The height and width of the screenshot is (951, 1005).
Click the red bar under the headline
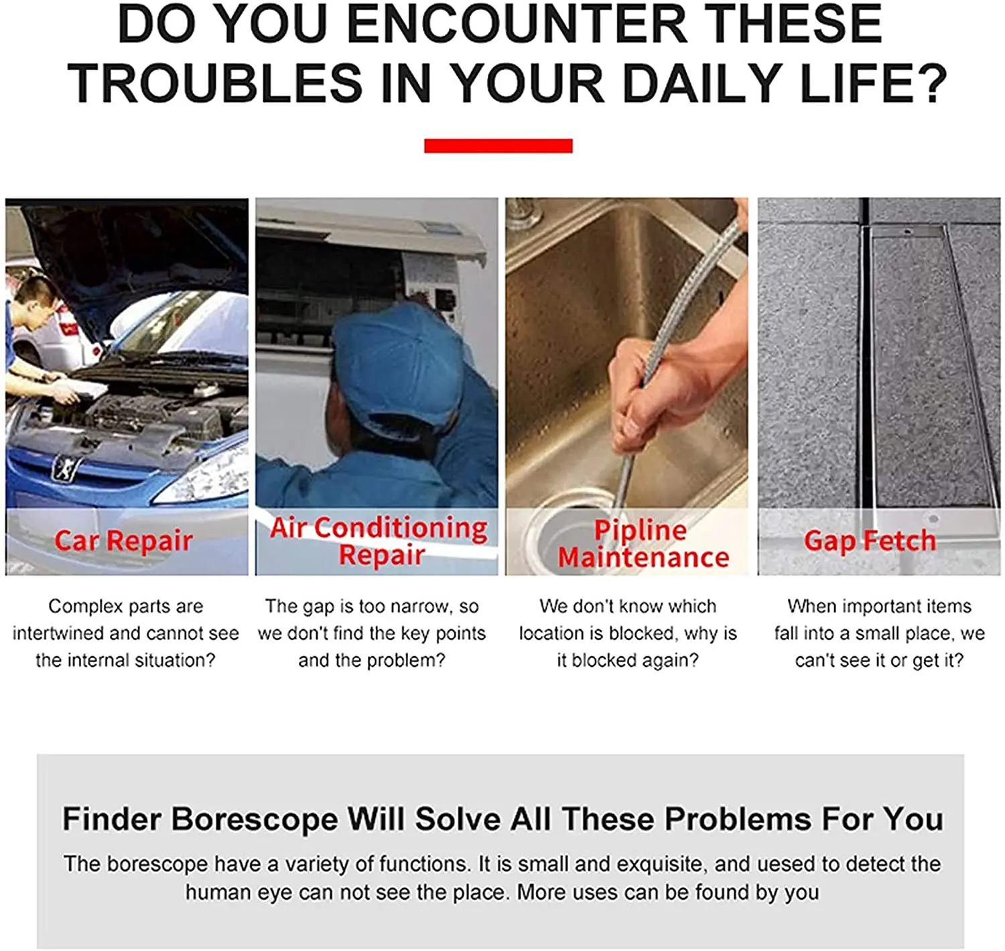click(498, 145)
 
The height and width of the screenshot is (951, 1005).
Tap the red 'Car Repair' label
click(124, 541)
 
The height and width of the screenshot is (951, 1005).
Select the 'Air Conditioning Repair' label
click(379, 541)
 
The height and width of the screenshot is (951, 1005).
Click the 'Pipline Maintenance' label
click(643, 544)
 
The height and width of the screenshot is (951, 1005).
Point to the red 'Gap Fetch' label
click(870, 541)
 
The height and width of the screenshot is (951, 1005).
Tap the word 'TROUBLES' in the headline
click(214, 83)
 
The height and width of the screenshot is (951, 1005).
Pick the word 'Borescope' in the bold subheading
click(254, 819)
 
